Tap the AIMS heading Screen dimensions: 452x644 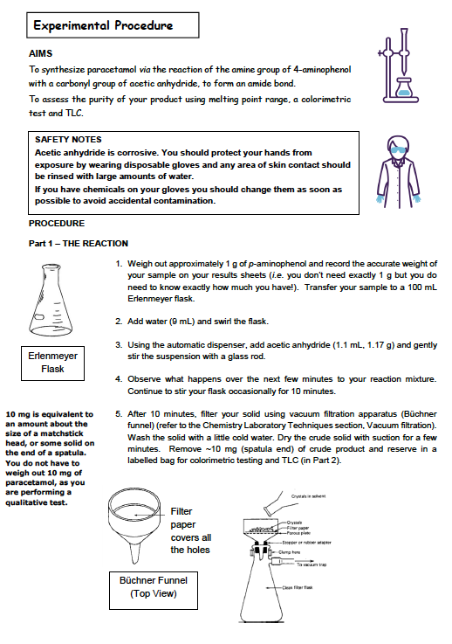pyautogui.click(x=41, y=53)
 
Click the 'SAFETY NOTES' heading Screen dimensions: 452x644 pyautogui.click(x=68, y=139)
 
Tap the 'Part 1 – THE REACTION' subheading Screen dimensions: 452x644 pyautogui.click(x=79, y=244)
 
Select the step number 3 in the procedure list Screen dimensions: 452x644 pyautogui.click(x=119, y=345)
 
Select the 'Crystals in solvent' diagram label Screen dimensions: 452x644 pyautogui.click(x=308, y=496)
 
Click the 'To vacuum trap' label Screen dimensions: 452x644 pyautogui.click(x=312, y=564)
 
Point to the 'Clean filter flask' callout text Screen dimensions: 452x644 pyautogui.click(x=298, y=587)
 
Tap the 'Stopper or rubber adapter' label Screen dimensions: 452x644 pyautogui.click(x=306, y=542)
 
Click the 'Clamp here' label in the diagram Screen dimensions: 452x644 pyautogui.click(x=289, y=552)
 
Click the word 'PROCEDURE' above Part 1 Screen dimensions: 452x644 pyautogui.click(x=57, y=224)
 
